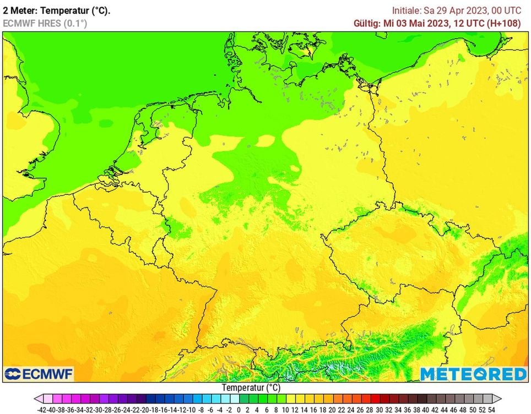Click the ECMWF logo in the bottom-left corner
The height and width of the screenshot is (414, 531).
(x=39, y=374)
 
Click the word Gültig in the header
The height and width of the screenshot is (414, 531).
(x=367, y=24)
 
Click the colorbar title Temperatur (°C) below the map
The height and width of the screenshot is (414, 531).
(x=251, y=388)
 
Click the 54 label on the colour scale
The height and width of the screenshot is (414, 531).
(x=491, y=410)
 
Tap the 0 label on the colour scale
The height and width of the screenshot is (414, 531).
(x=238, y=410)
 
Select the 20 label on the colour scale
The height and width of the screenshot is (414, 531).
(x=332, y=410)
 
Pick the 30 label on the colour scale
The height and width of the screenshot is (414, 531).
(x=379, y=410)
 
